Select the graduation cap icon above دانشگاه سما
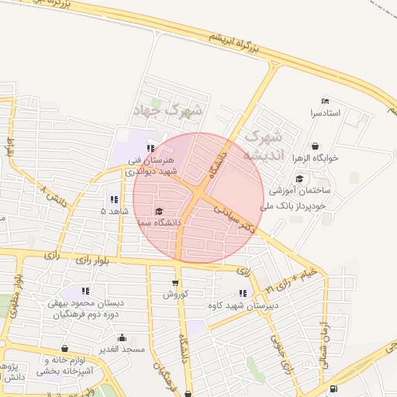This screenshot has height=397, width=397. (x=160, y=211)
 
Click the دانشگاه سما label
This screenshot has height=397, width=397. (x=158, y=223)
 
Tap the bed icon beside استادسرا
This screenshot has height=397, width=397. (x=326, y=102)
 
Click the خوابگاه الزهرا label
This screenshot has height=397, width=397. (x=316, y=157)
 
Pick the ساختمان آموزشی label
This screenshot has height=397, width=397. (x=300, y=189)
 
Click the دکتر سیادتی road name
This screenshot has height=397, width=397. (x=236, y=218)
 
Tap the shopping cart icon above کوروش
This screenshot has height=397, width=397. (x=174, y=283)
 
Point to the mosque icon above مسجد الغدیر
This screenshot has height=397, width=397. (x=122, y=337)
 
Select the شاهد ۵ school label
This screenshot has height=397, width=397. (x=114, y=211)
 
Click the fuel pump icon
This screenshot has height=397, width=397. (x=333, y=388)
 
